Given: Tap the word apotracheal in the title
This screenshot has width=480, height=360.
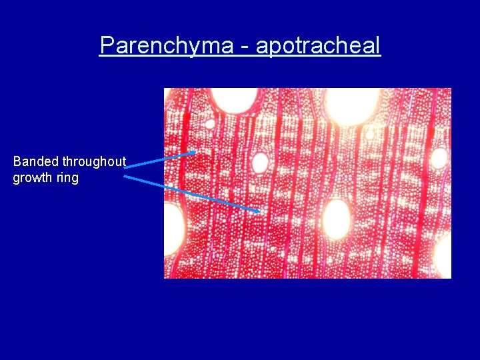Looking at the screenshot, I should [317, 45].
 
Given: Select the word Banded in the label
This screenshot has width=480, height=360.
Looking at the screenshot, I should [36, 161].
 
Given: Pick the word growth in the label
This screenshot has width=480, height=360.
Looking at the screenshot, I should [33, 178].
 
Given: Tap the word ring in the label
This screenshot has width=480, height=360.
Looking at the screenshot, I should [67, 178].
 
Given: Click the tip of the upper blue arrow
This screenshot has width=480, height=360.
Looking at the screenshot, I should [195, 152].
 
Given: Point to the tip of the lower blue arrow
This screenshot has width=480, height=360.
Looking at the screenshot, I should [259, 211].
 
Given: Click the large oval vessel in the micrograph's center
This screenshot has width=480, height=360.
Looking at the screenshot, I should [336, 219].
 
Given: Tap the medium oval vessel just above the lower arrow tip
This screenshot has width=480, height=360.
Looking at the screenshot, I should [259, 163].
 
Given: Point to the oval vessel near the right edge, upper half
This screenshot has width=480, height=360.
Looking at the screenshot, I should [439, 158].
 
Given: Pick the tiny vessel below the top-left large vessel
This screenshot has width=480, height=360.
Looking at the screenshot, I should [209, 123].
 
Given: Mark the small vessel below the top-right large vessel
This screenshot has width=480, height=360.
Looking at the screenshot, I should [370, 135].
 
